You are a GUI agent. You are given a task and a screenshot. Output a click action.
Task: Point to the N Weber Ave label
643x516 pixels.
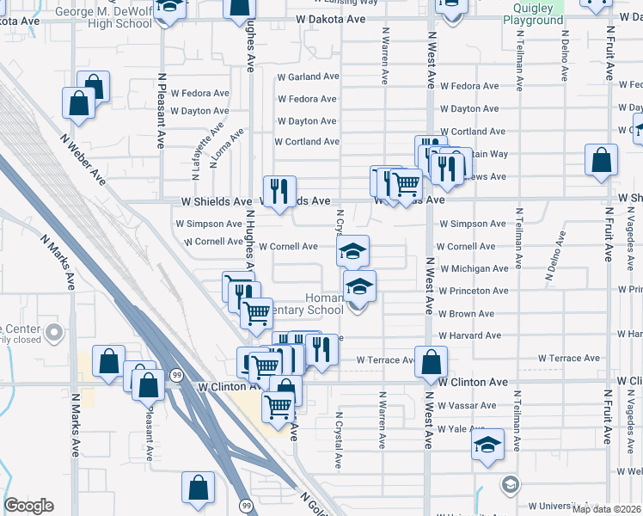coord(83,159)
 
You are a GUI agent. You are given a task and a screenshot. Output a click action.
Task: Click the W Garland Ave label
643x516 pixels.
coord(308,77)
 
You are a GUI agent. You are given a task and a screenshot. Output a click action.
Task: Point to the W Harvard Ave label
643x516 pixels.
coord(469,336)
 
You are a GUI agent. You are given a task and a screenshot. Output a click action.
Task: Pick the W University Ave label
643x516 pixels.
coord(567,507)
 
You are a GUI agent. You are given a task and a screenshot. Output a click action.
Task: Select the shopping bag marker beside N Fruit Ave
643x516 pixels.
coord(601,160)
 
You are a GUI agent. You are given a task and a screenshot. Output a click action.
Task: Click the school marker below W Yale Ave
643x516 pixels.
coord(487,445)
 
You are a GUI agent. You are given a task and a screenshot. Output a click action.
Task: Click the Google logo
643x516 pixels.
coord(29,506)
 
